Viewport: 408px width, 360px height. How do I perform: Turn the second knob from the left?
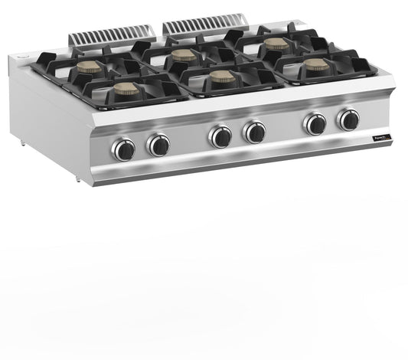pos(158,145)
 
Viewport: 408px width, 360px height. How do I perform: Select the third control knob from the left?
pos(220,137)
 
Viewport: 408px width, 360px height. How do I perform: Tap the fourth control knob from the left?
pos(254,133)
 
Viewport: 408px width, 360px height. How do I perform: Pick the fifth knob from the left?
pos(315,123)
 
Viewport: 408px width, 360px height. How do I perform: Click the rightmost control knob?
pos(348,119)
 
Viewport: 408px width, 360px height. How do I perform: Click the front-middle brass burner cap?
pos(222,76)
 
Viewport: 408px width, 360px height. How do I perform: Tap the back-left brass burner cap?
pos(89,67)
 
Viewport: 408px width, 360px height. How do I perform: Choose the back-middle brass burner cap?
pos(183,55)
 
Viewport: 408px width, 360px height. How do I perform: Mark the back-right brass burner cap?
pos(276,44)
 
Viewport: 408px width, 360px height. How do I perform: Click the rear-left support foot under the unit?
pos(21,143)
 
